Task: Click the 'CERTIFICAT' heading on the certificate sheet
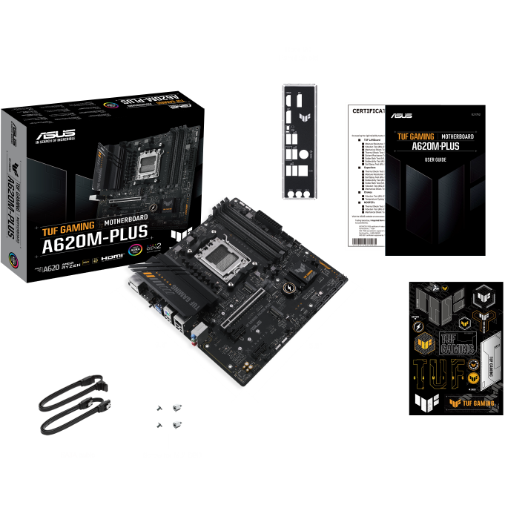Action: tap(368, 110)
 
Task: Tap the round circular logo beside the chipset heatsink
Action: tap(285, 287)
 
